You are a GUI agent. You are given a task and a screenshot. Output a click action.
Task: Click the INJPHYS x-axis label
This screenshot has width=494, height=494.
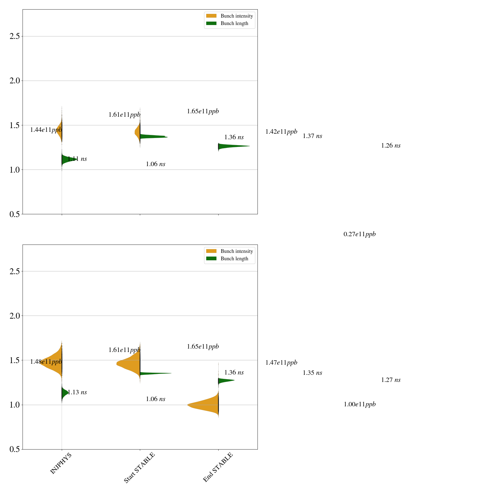[61, 463]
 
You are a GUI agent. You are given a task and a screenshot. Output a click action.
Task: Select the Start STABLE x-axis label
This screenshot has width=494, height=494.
[139, 467]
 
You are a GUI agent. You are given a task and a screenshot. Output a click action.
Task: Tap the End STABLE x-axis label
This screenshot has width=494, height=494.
[218, 467]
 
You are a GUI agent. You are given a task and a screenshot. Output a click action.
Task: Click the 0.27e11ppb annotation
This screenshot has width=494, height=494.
[360, 234]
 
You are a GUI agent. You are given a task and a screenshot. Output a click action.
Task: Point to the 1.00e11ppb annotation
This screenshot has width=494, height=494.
[360, 404]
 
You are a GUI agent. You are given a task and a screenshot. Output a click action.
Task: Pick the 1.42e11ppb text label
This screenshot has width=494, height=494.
[281, 132]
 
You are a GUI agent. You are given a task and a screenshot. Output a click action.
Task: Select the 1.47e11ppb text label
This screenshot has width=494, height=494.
[281, 363]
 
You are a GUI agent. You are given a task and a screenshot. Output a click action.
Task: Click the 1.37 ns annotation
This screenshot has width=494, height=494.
[312, 136]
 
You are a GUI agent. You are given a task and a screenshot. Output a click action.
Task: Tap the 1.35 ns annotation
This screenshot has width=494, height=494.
[312, 373]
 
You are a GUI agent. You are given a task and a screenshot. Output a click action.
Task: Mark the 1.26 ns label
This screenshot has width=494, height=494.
[391, 146]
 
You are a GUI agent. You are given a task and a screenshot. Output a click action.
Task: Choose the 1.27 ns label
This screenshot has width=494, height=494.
[391, 380]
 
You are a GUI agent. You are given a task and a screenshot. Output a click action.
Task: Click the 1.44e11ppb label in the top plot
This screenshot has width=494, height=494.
[46, 130]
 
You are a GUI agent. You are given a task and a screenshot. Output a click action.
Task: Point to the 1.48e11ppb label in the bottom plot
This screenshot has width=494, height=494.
[46, 362]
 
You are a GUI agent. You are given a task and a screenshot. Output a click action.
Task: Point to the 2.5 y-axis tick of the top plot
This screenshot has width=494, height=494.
[15, 36]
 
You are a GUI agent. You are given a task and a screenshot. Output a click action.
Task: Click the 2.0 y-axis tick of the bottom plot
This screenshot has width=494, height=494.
[15, 316]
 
